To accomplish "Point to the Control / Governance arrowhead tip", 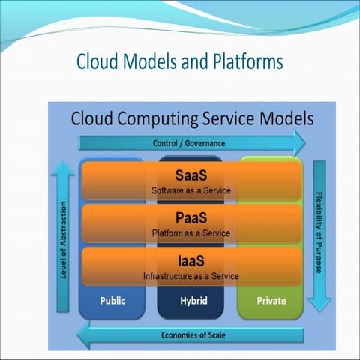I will tap(305, 142).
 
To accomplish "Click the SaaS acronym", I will tap(191, 177).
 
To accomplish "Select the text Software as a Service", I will tap(191, 191).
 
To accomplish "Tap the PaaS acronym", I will tap(191, 220).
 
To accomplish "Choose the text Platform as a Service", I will tap(191, 233).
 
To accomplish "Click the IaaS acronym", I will tap(191, 262).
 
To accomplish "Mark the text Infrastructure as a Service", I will tap(191, 276).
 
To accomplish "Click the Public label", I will tap(112, 300).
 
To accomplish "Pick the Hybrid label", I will tap(190, 300).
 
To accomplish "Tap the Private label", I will tap(271, 300).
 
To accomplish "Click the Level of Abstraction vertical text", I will tap(64, 240).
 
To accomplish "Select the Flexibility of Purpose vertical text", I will tap(319, 232).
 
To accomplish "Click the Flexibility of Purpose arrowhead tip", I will tap(319, 310).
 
